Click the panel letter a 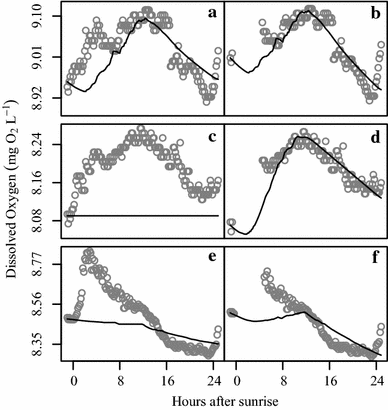tap(211, 13)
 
